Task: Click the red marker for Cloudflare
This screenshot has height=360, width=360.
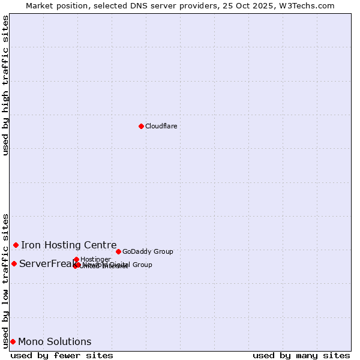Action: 141,126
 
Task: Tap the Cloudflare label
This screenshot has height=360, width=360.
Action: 161,126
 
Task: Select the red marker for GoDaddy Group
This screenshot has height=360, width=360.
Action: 118,251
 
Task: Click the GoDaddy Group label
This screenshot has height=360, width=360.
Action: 148,251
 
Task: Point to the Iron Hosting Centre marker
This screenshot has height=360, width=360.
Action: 16,245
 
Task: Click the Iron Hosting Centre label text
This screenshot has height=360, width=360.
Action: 68,245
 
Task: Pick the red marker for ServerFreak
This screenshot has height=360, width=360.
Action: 14,263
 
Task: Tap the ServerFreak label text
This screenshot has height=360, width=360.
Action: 45,263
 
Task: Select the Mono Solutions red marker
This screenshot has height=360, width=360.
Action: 13,341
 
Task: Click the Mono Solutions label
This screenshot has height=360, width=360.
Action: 55,341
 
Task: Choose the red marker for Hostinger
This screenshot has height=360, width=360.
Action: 76,259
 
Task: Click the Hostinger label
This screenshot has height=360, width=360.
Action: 95,259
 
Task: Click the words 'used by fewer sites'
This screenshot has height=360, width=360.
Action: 62,355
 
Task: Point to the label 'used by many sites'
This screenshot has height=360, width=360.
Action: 301,355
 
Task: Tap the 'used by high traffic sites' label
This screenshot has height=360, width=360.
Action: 5,85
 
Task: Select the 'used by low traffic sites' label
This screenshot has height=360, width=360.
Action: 5,280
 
